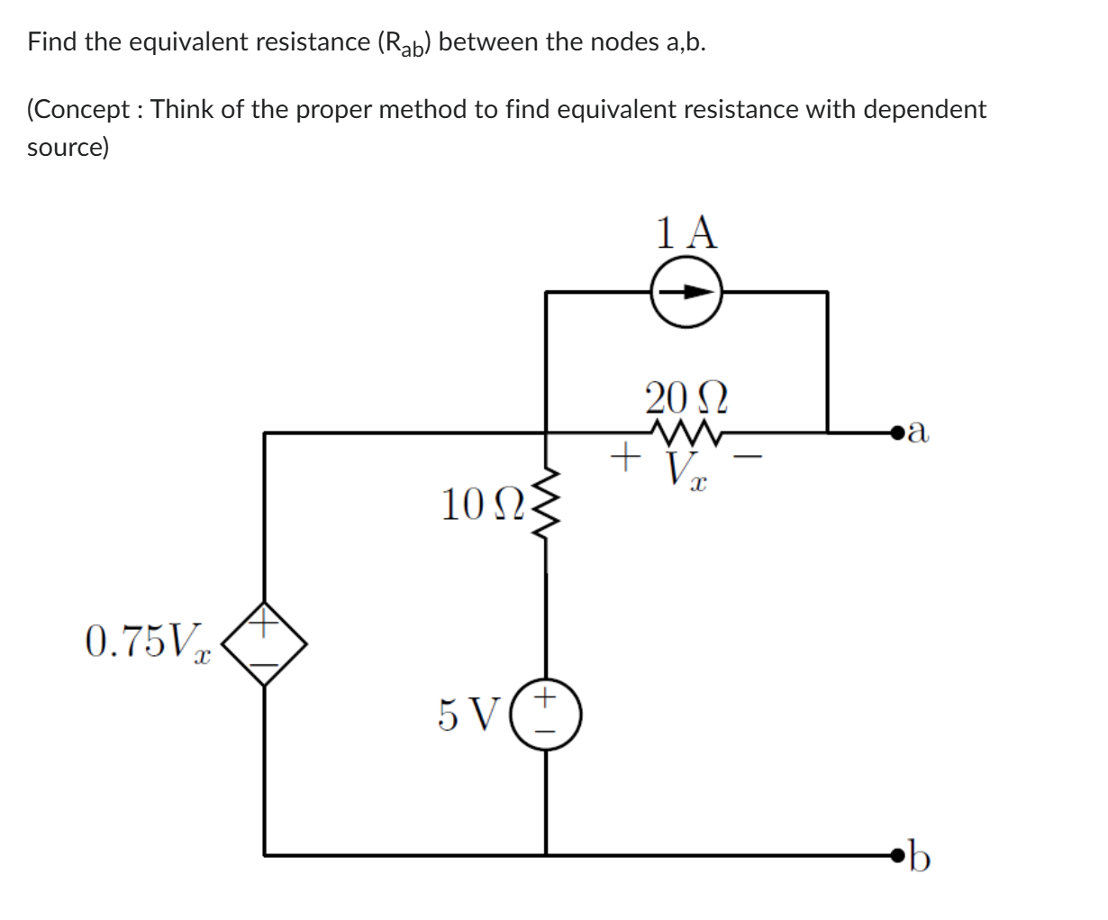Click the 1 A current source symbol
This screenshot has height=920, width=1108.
coord(687,292)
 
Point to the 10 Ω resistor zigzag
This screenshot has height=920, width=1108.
coord(545,509)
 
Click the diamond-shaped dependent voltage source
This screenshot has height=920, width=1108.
coord(265,643)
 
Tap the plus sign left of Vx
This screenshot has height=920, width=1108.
coord(620,457)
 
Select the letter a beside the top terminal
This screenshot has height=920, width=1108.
coord(918,433)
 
